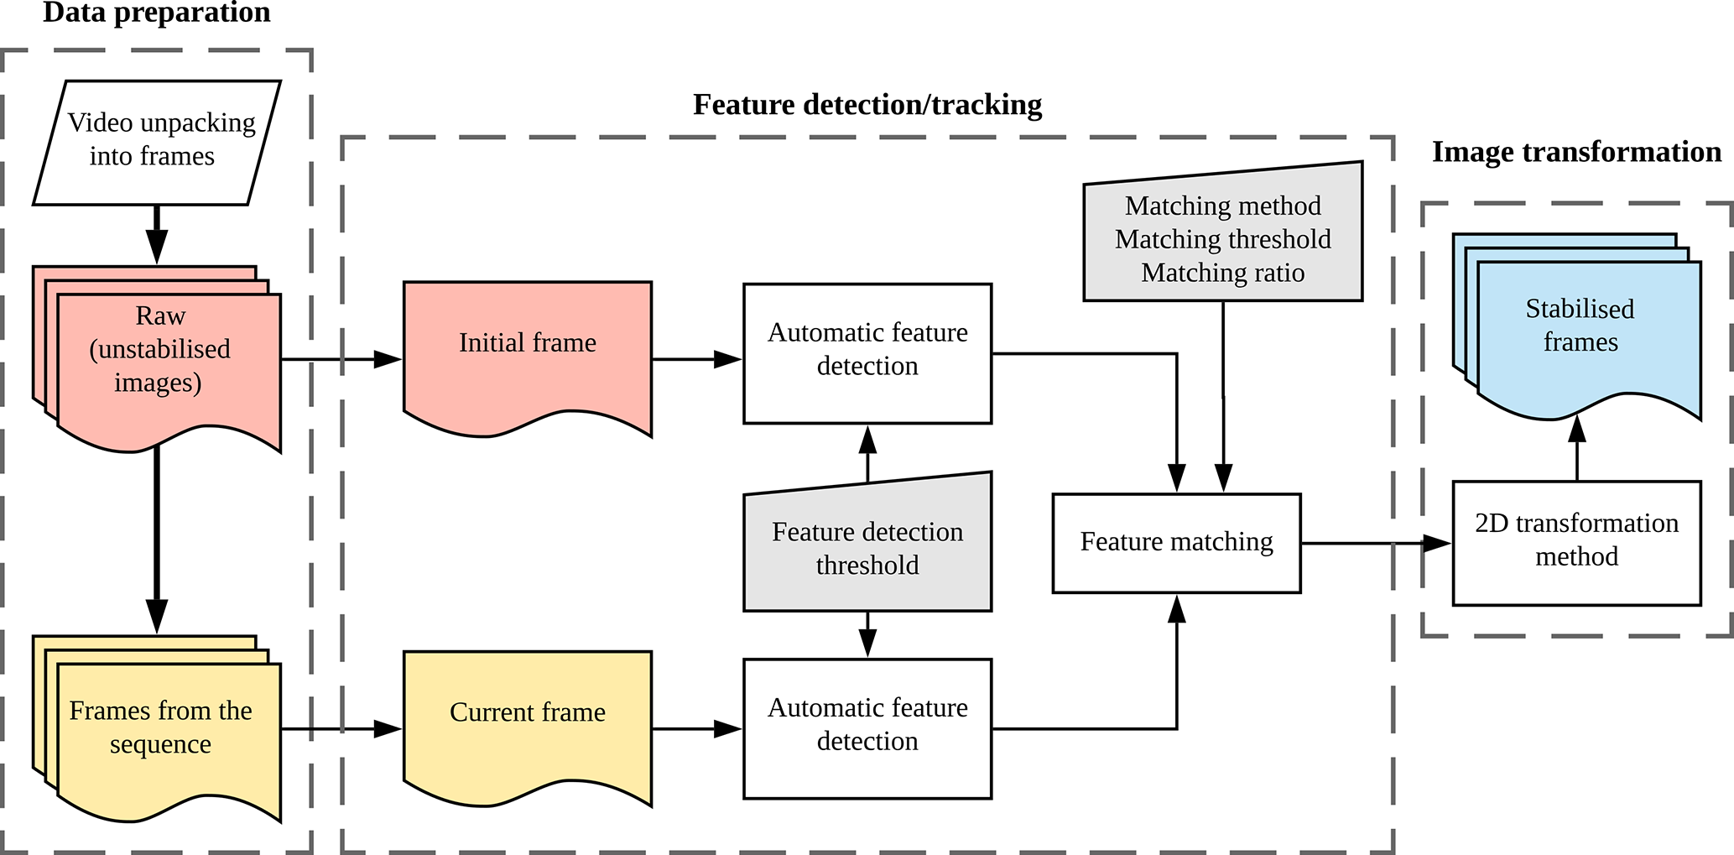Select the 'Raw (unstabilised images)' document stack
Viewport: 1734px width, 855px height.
[159, 352]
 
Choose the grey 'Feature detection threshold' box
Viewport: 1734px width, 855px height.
[867, 548]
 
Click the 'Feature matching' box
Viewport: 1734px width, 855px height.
[1176, 543]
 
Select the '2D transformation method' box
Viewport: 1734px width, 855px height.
[1576, 542]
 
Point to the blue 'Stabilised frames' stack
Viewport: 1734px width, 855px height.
[1580, 327]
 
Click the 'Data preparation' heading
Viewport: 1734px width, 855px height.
[157, 13]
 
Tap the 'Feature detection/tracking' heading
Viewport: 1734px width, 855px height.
[867, 105]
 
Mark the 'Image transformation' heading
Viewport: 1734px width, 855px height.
[1576, 152]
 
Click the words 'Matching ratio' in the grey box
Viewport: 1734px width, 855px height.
[1222, 273]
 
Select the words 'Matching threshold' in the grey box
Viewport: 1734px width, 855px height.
[1222, 239]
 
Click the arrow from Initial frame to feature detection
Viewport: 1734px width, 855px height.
[696, 359]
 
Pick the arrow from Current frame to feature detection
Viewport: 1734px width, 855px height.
[696, 729]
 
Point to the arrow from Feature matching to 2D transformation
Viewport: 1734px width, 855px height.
[1376, 543]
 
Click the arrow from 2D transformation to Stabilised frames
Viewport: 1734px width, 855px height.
[1577, 449]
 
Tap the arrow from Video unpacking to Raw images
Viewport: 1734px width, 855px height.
[157, 235]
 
